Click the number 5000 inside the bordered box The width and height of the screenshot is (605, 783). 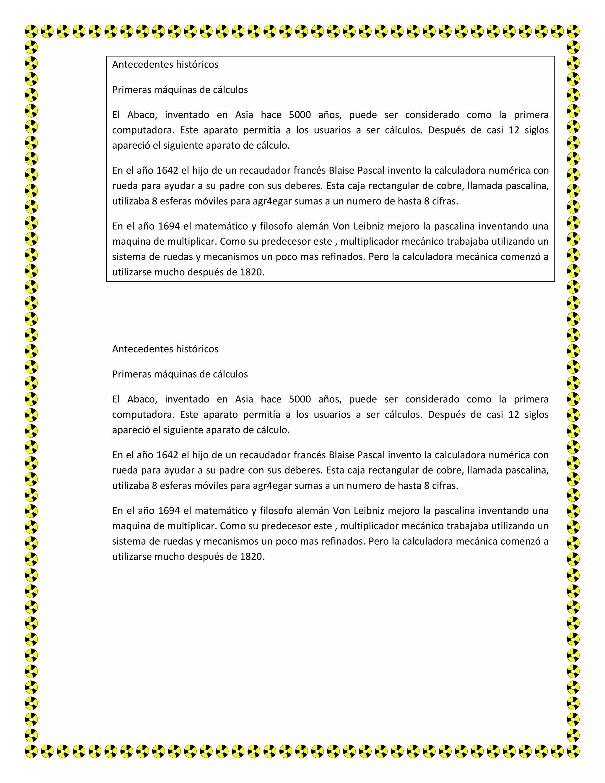300,115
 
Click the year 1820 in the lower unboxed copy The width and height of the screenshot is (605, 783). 252,557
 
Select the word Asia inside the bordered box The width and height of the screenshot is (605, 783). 244,115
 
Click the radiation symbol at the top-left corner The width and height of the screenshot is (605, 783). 32,31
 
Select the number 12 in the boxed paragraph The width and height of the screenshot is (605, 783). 514,130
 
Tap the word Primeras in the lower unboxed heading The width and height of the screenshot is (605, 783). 131,374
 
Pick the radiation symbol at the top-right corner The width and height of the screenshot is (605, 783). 573,31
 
